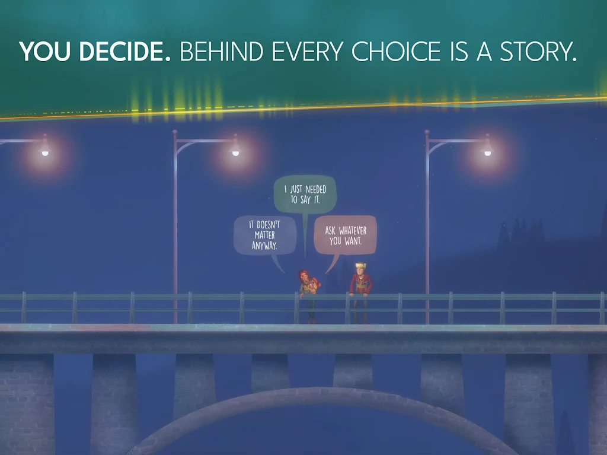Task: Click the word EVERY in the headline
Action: (307, 52)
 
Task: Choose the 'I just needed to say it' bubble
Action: (305, 195)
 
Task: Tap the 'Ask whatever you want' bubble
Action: (345, 236)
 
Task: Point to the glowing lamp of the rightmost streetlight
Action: (487, 152)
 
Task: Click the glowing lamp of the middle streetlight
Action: (235, 152)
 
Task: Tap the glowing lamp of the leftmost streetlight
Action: (44, 152)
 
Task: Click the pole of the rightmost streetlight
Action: (427, 237)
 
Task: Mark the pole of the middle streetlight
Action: (175, 237)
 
